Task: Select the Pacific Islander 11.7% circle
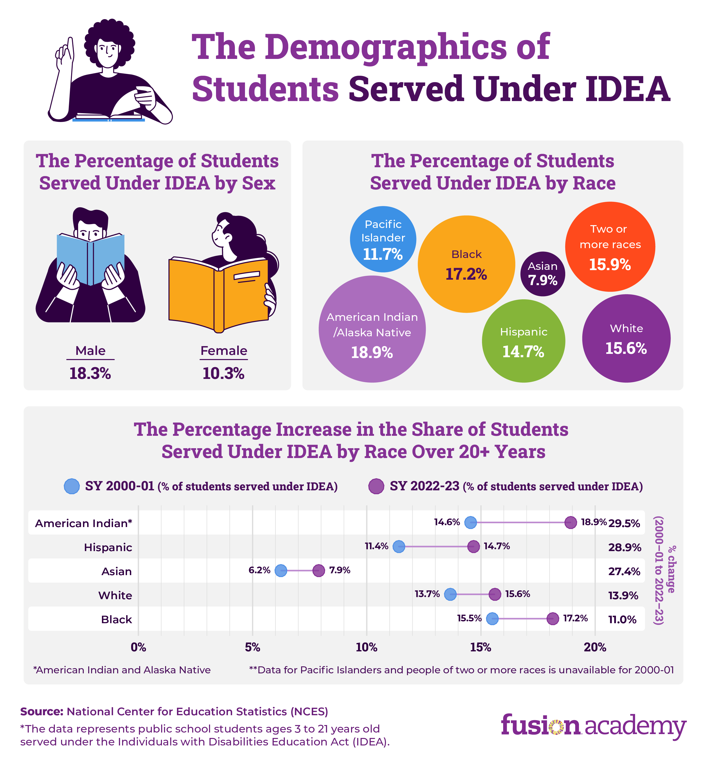(383, 239)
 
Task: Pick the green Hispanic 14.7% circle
(523, 341)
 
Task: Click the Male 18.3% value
(90, 374)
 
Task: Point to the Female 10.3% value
(224, 374)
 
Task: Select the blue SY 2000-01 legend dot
(72, 486)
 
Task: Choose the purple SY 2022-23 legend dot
(376, 486)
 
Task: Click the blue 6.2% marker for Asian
(281, 570)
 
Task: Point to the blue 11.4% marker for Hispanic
(399, 546)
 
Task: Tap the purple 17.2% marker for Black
(553, 618)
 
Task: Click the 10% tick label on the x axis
(367, 647)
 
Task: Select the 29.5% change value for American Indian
(624, 523)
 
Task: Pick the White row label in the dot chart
(115, 595)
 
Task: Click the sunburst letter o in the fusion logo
(556, 727)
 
